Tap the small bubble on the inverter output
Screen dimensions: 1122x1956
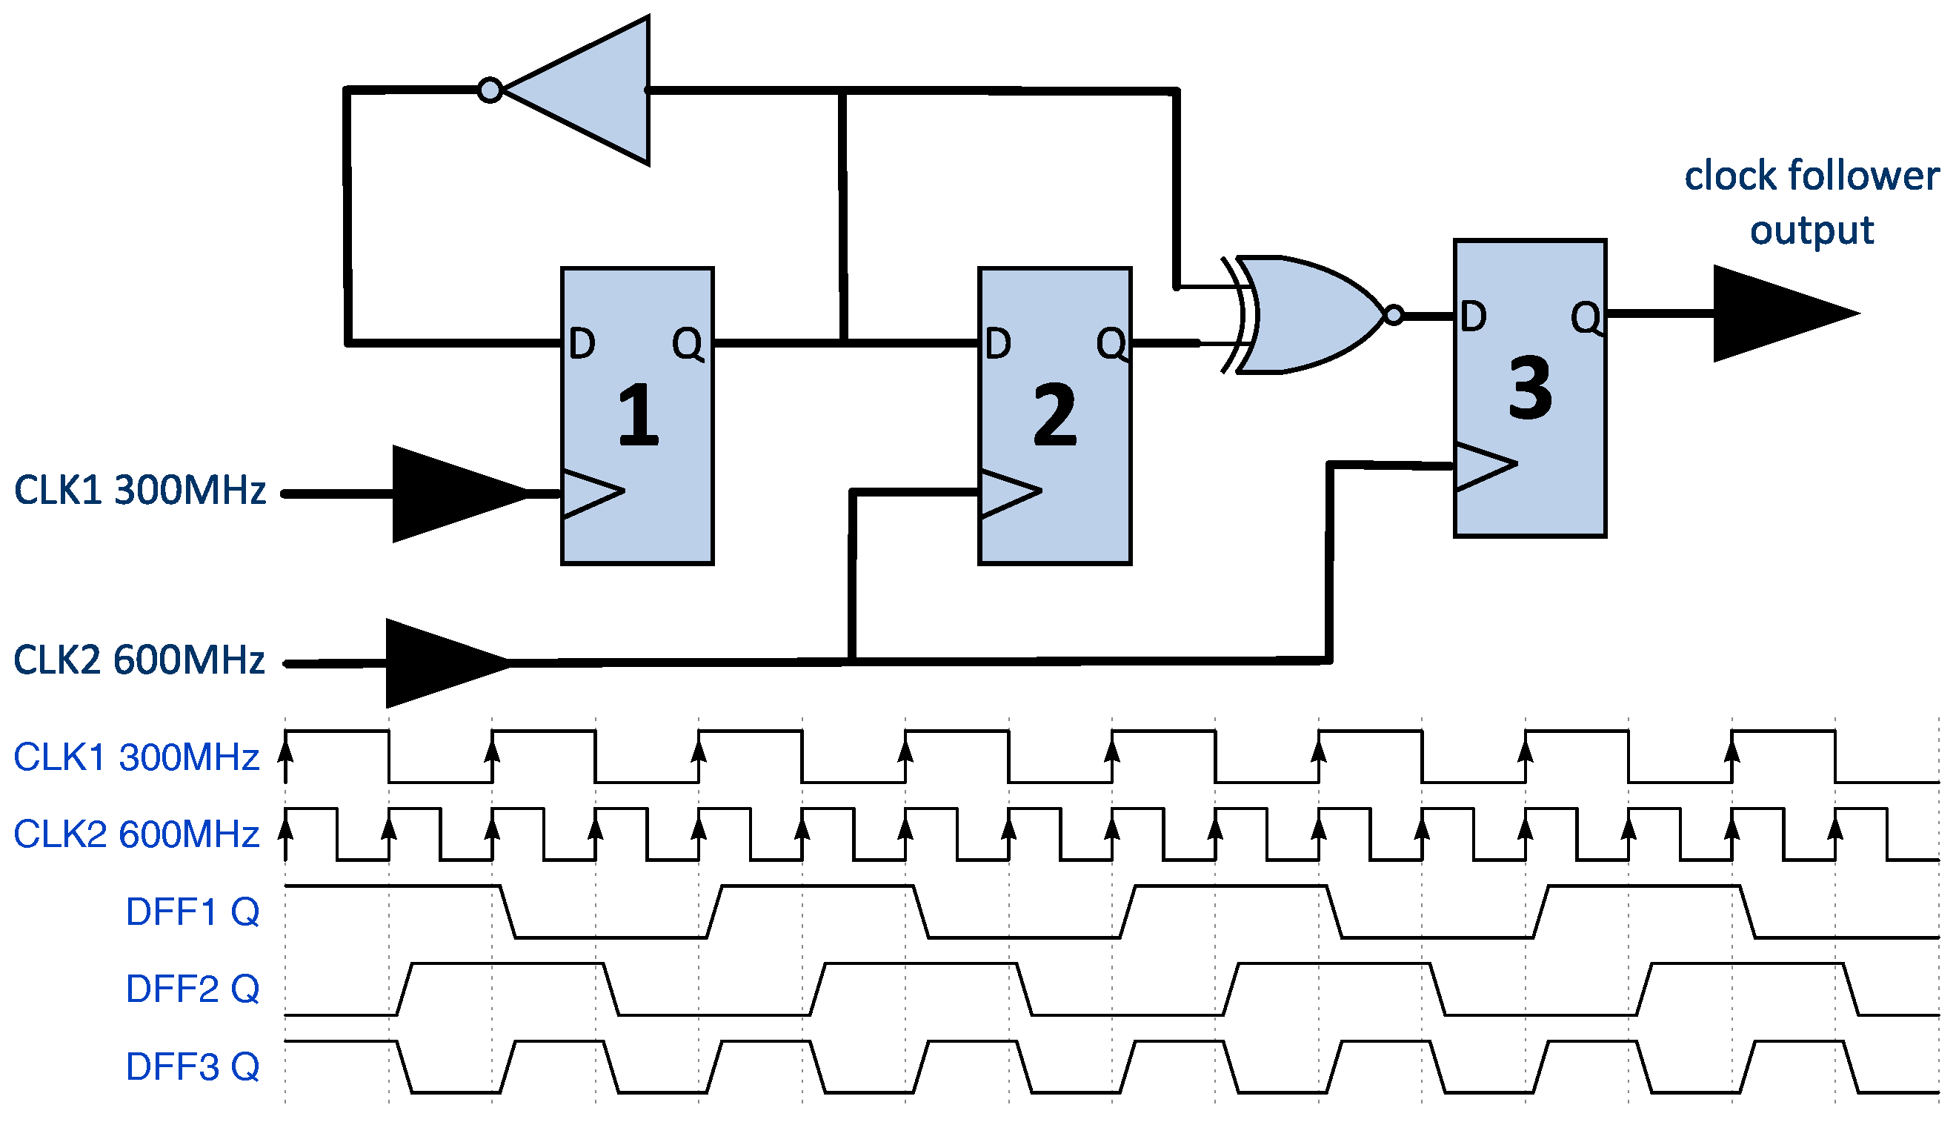[490, 90]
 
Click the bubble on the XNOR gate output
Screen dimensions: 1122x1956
[1394, 314]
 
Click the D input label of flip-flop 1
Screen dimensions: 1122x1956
[582, 343]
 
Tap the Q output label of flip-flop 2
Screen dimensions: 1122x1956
[1111, 343]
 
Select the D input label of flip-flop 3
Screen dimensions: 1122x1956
[1473, 316]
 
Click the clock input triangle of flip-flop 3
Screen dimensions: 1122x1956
[1483, 465]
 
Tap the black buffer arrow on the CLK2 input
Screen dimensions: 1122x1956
[443, 663]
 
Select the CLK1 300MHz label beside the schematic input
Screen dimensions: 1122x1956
[139, 490]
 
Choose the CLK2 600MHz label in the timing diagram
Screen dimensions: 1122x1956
[136, 834]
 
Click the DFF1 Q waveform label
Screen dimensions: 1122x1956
[192, 912]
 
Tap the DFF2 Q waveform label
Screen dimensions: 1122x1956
[192, 989]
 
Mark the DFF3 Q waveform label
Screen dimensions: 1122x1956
[192, 1067]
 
